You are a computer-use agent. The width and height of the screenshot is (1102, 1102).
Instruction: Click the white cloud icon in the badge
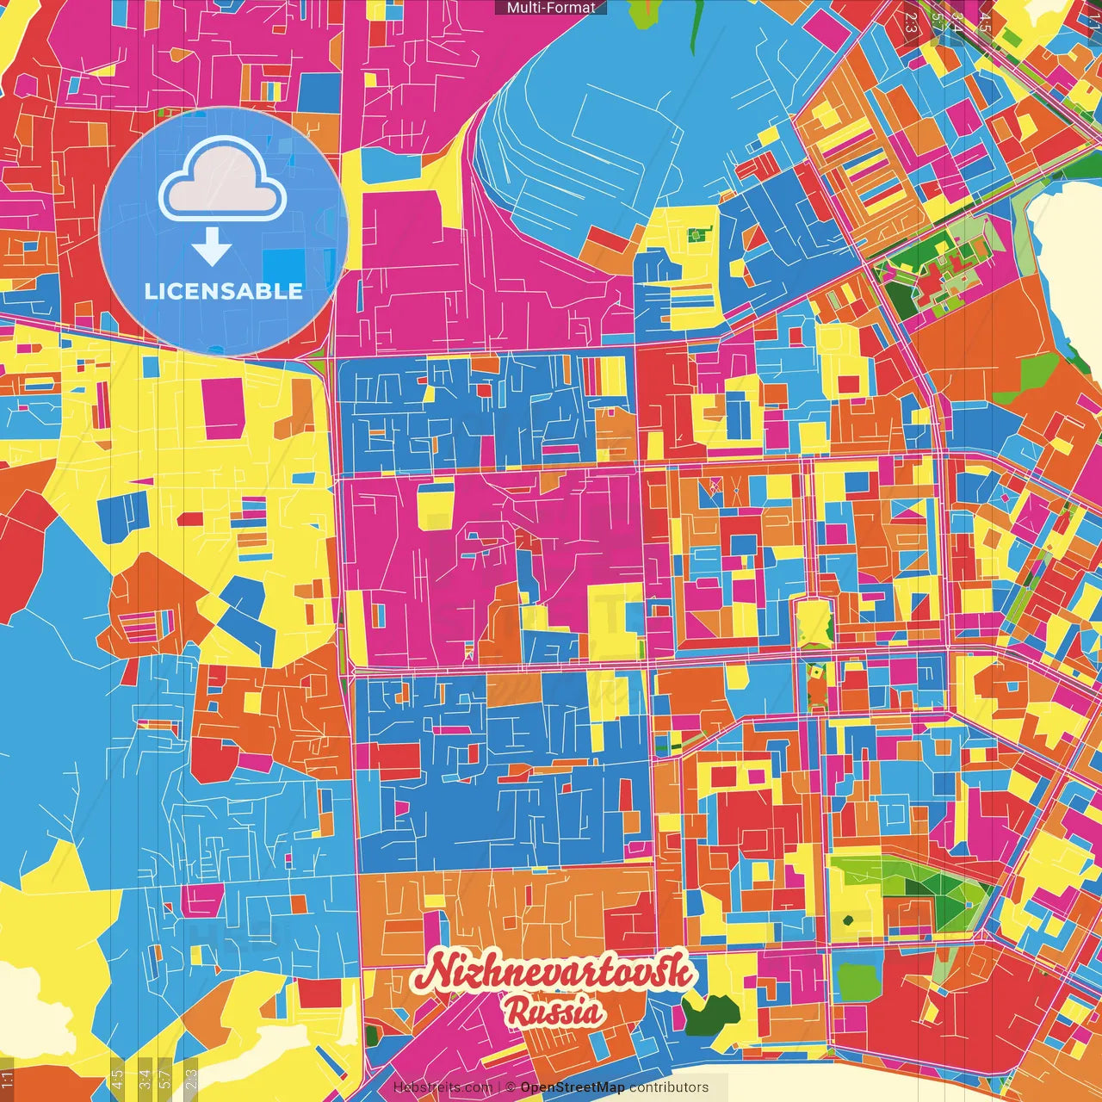[x=223, y=185]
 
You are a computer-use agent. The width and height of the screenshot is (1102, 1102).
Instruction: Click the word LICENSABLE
[x=224, y=291]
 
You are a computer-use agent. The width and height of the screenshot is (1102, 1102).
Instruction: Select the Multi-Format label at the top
[x=551, y=8]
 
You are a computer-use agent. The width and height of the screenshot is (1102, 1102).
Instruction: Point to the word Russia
[x=553, y=1012]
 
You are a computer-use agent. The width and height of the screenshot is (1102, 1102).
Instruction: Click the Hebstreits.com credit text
[x=443, y=1087]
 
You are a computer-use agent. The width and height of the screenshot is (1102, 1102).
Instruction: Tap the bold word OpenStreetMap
[x=573, y=1087]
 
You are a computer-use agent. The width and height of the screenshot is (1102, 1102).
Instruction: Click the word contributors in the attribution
[x=669, y=1087]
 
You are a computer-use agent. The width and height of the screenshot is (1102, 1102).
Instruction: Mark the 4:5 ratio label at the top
[x=985, y=22]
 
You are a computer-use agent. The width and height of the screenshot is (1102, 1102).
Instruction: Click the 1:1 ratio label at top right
[x=1094, y=22]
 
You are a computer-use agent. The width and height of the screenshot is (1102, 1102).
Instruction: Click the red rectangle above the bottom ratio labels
[x=319, y=992]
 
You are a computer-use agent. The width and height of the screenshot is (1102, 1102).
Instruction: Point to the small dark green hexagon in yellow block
[x=697, y=232]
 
